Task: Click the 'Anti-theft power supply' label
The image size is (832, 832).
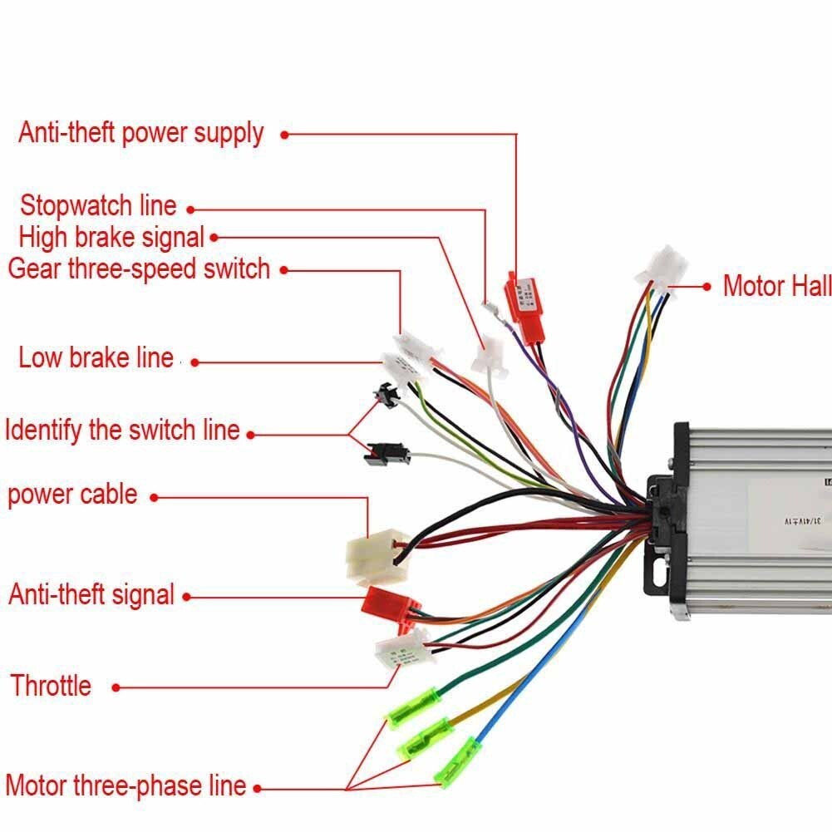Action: pyautogui.click(x=140, y=133)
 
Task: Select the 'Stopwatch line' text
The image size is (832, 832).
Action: pyautogui.click(x=98, y=205)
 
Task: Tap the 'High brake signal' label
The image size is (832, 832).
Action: pyautogui.click(x=111, y=237)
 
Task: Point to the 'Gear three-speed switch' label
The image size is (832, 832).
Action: pyautogui.click(x=139, y=269)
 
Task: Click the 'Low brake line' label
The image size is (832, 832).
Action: pyautogui.click(x=96, y=358)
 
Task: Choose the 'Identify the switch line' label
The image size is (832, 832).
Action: pyautogui.click(x=122, y=431)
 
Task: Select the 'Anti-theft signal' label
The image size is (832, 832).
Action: pyautogui.click(x=91, y=594)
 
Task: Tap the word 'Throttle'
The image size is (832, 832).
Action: pyautogui.click(x=51, y=686)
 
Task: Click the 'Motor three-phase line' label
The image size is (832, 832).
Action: pyautogui.click(x=126, y=785)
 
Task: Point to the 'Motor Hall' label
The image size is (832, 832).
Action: pyautogui.click(x=776, y=286)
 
